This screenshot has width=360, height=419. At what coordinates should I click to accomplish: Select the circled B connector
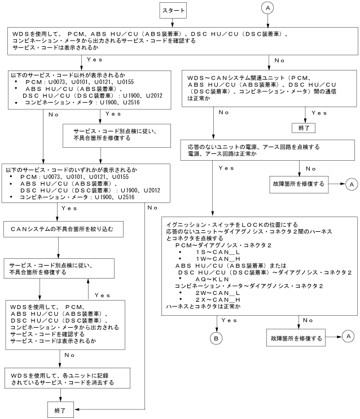click(x=216, y=338)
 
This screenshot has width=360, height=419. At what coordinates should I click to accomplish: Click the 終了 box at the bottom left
click(x=59, y=410)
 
